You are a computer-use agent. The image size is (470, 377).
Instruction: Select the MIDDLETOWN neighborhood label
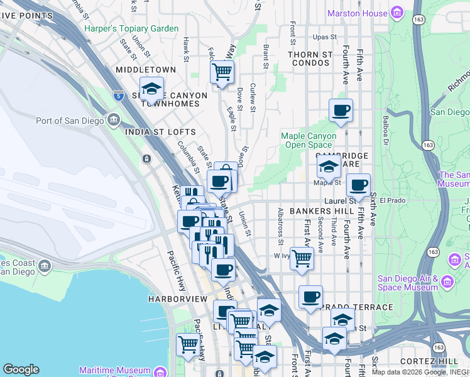(146, 70)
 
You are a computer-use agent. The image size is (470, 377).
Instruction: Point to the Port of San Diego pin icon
(114, 119)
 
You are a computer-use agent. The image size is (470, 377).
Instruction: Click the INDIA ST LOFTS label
(160, 132)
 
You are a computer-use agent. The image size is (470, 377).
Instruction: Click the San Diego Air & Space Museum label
(407, 283)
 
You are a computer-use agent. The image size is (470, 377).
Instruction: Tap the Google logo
(21, 369)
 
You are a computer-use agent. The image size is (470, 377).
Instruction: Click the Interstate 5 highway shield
(119, 95)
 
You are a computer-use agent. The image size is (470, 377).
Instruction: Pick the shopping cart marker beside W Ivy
(302, 258)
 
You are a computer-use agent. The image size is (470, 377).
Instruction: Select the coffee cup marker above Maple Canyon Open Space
(341, 111)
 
